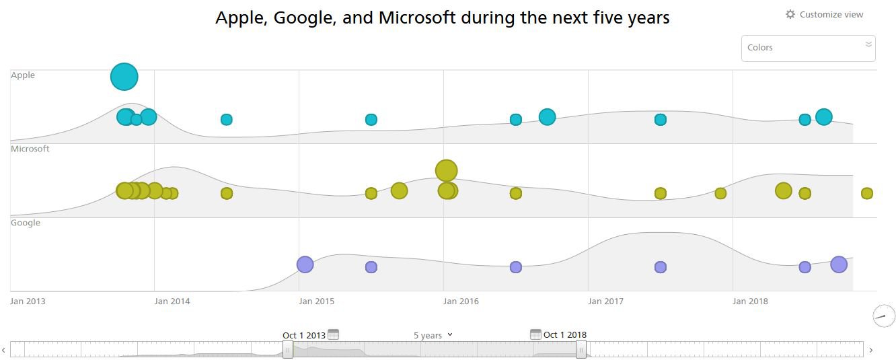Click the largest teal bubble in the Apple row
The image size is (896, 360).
coord(124,77)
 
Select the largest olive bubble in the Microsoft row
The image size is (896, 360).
coord(446,171)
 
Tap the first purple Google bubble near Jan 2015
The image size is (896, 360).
coord(305,264)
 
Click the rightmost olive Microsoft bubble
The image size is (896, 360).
coord(866,193)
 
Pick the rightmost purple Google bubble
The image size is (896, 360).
coord(838,264)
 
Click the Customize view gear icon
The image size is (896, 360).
coord(790,14)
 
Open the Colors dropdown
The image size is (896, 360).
coord(808,48)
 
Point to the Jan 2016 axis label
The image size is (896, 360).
coord(461,301)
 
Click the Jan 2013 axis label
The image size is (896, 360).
coord(28,301)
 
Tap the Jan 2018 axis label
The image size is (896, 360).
coord(750,301)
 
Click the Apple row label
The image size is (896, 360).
coord(23,75)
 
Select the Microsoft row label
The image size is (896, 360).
coord(30,149)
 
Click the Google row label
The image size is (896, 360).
coord(26,223)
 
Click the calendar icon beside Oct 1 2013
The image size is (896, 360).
coord(333,334)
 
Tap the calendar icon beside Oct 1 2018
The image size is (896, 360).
coord(535,334)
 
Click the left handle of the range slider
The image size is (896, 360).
coord(288,349)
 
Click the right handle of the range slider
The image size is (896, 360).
coord(581,349)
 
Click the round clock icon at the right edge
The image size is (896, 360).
coord(884,316)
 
